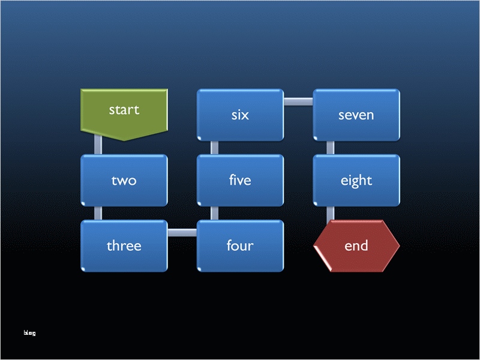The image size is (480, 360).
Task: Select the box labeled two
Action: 124,180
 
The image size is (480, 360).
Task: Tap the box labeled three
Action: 124,245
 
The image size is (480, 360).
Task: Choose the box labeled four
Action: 240,245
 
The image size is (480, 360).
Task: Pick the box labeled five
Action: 240,180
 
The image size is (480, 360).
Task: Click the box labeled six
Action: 240,115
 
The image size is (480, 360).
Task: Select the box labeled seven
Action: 356,115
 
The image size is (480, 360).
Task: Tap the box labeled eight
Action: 356,180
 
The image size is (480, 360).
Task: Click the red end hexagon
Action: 356,245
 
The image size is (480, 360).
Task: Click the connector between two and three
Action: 98,213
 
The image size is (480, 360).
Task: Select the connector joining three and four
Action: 182,233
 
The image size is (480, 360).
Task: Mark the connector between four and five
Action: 214,213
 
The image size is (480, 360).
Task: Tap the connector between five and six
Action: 214,148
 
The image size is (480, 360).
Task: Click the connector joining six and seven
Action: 298,101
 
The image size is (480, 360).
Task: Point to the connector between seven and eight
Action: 331,148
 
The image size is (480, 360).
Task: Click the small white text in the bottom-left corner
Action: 29,332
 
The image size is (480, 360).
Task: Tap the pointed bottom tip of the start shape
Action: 124,140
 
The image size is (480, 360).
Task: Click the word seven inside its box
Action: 356,115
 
